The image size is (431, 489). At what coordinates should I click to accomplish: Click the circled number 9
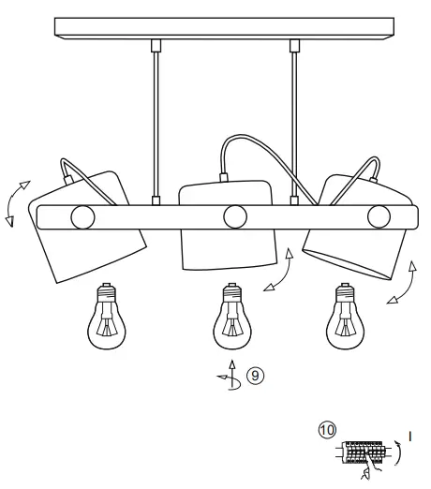point(254,377)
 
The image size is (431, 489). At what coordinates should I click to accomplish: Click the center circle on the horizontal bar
point(233,217)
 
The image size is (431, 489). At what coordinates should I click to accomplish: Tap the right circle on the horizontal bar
point(378,217)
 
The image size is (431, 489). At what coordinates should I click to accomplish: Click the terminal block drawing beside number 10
point(362,454)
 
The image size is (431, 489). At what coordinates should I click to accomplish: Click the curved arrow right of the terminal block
point(399,455)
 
